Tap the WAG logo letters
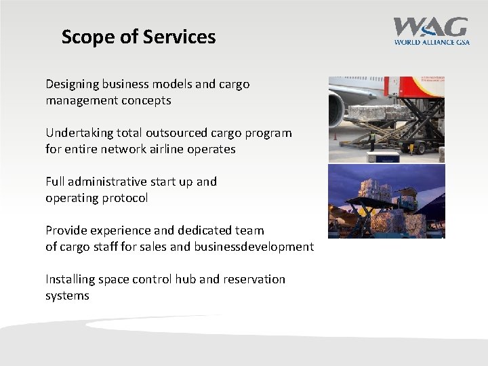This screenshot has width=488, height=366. coord(430,27)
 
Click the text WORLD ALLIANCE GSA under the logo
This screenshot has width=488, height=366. coord(431,41)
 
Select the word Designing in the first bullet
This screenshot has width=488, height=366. coord(72,85)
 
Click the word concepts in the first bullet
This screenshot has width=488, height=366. coord(146,100)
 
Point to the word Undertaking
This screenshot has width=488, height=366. coord(78,133)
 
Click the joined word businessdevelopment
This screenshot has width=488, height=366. coord(253,247)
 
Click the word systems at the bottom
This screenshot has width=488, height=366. coord(67,296)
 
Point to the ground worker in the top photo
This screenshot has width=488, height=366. coord(371,140)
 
